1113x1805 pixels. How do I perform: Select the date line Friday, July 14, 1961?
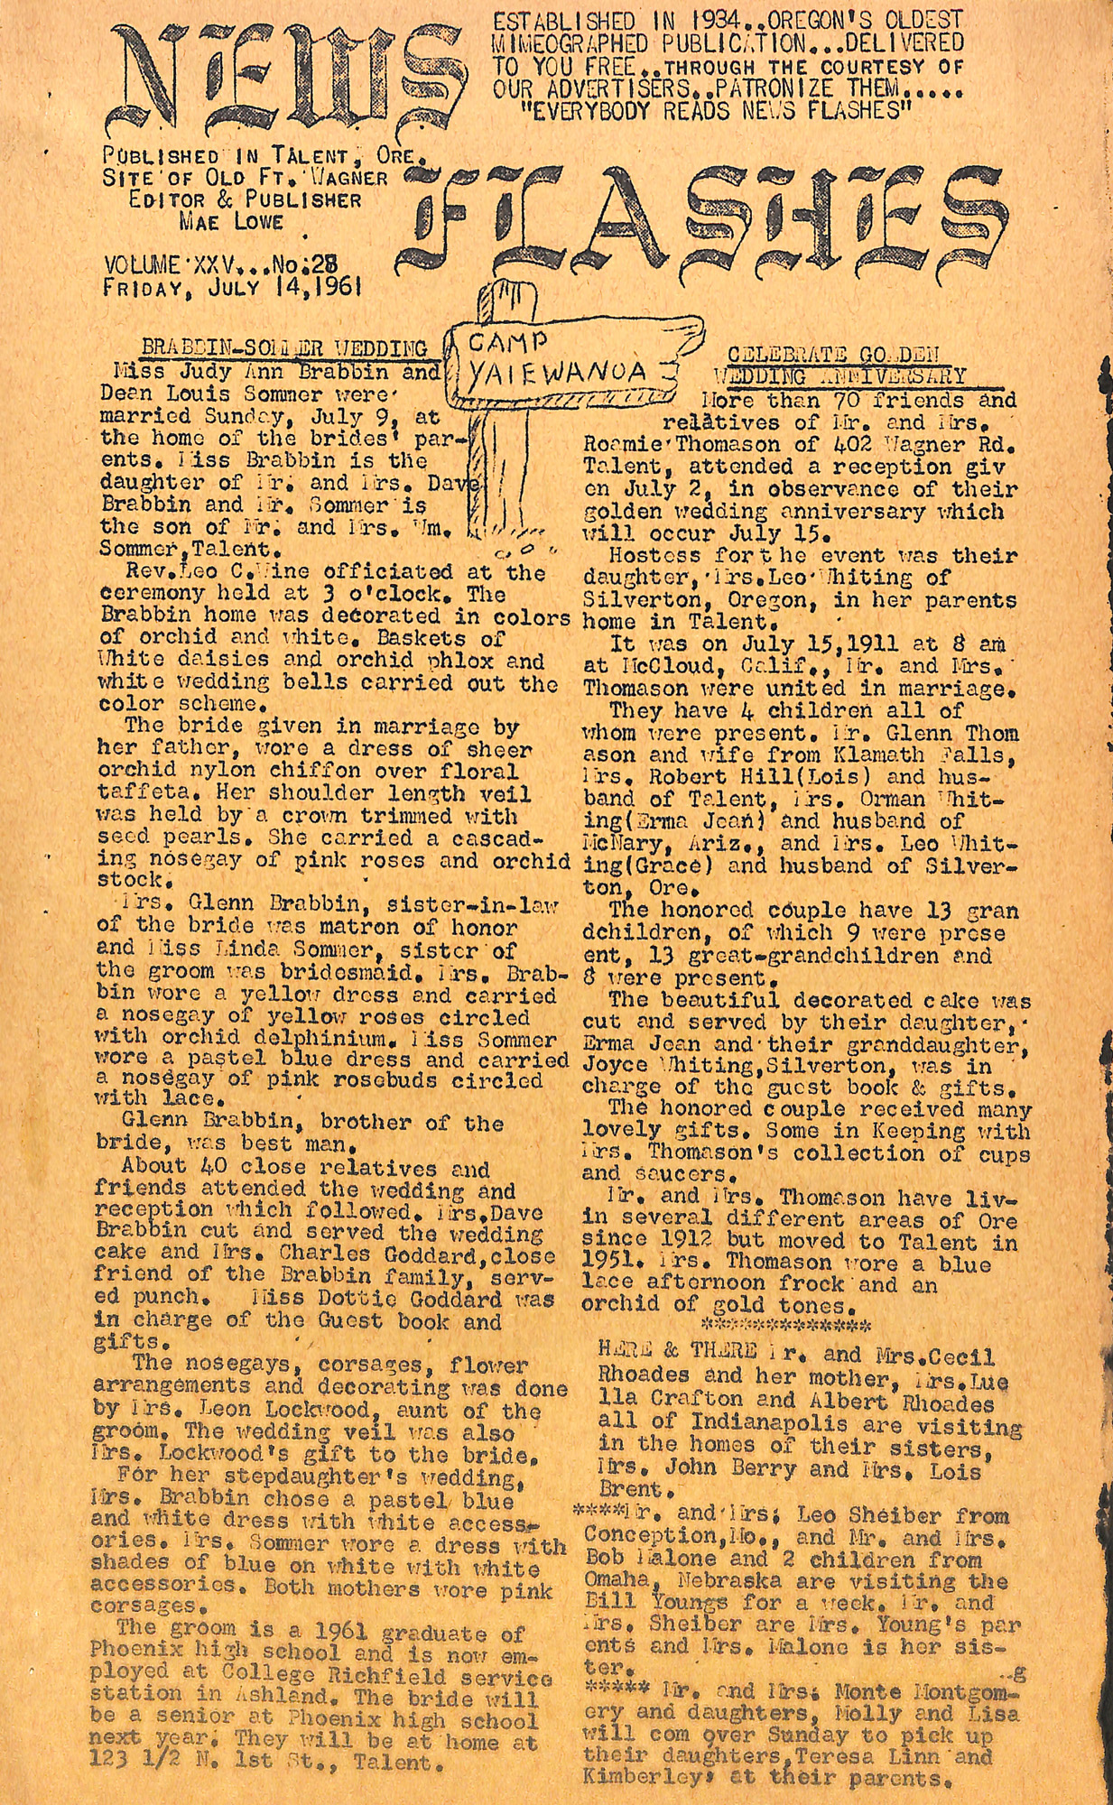[233, 288]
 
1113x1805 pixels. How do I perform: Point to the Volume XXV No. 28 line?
[221, 265]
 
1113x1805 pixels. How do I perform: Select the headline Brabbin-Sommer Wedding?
[285, 348]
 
